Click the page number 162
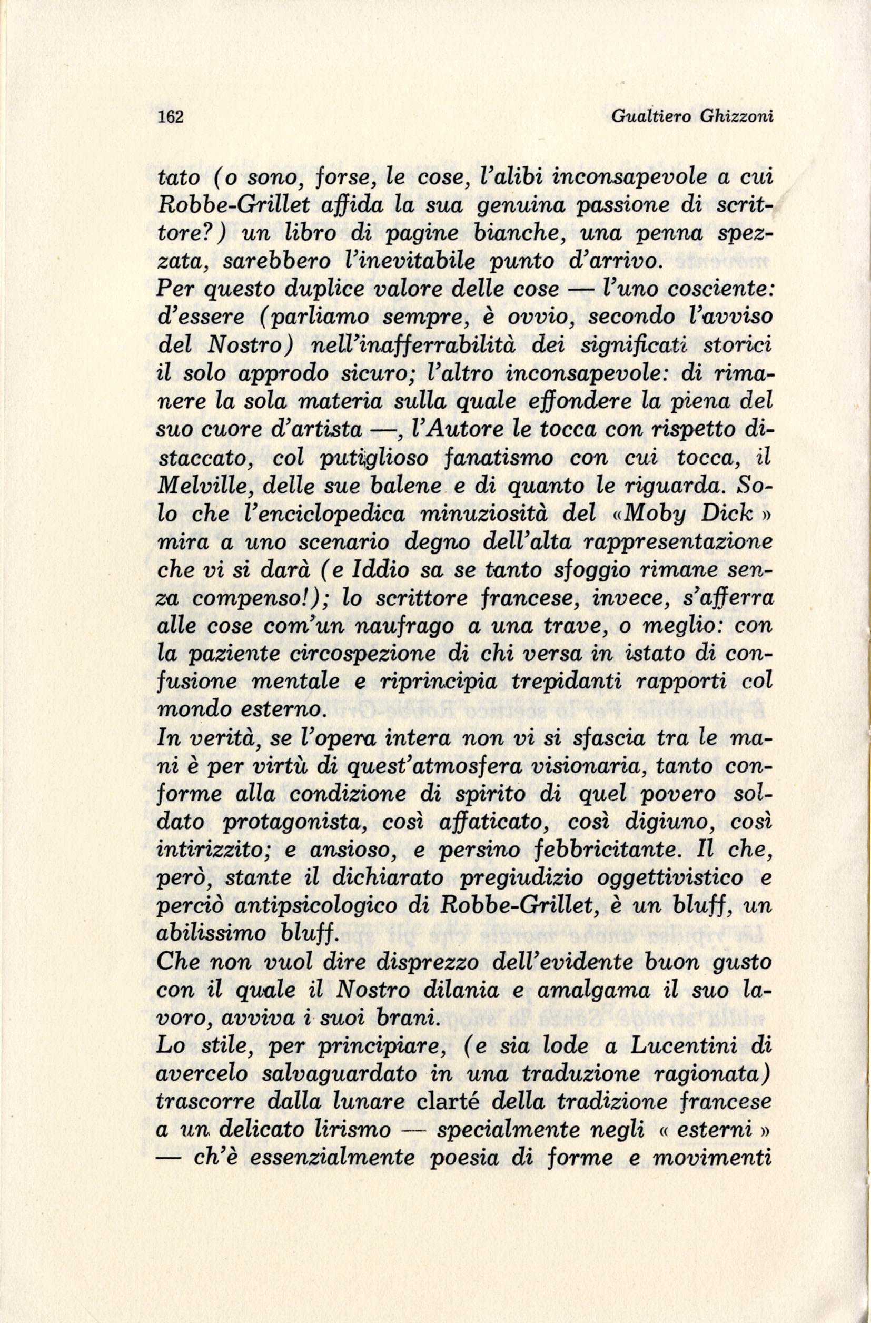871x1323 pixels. (x=170, y=117)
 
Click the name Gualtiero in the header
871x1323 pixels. (x=649, y=117)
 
